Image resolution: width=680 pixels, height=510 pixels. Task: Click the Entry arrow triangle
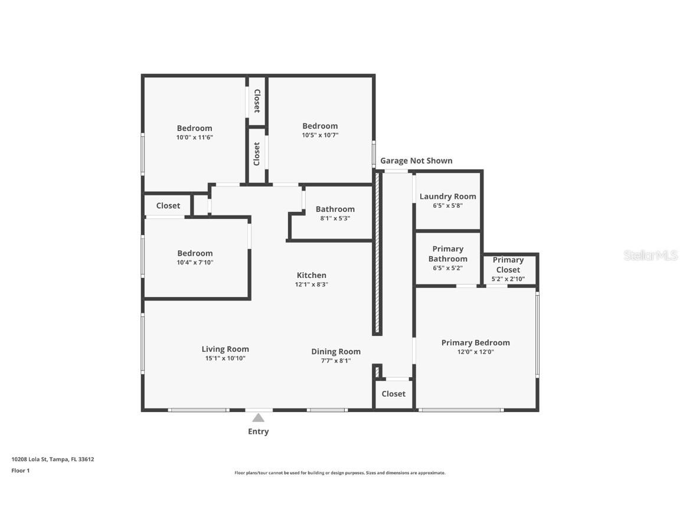258,418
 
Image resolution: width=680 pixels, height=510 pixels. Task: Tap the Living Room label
225,349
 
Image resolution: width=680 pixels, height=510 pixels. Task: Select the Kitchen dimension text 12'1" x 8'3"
311,285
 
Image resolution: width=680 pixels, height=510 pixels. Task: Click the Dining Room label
336,351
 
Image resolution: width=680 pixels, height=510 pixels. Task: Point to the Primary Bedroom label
475,342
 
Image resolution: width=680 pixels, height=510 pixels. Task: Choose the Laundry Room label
447,196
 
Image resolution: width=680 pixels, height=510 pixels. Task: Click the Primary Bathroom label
447,254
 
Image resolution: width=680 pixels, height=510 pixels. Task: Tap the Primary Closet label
508,264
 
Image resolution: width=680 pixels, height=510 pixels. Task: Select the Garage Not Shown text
416,161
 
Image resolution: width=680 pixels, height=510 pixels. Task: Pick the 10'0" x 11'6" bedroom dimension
194,138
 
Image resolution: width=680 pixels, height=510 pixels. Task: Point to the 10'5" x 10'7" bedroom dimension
320,135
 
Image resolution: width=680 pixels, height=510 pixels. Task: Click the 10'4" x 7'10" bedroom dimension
195,263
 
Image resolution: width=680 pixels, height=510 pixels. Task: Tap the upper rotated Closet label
257,101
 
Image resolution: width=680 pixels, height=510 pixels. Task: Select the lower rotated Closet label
257,154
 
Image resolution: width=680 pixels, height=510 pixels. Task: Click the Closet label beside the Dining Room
393,394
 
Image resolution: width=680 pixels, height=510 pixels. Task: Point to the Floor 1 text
20,470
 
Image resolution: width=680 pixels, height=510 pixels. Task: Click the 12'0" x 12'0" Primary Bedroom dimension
475,352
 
